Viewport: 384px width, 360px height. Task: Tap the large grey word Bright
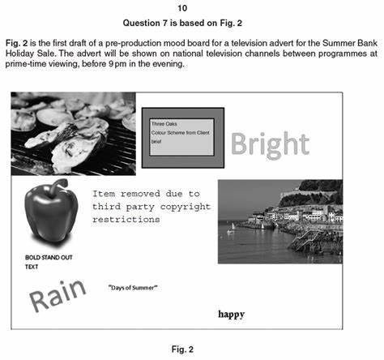pyautogui.click(x=270, y=144)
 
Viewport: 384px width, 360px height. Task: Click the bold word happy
pyautogui.click(x=231, y=314)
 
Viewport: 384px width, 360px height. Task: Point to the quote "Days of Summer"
pyautogui.click(x=133, y=288)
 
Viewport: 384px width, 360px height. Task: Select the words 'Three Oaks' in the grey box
pyautogui.click(x=164, y=124)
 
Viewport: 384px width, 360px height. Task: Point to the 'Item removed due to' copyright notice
pyautogui.click(x=146, y=195)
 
